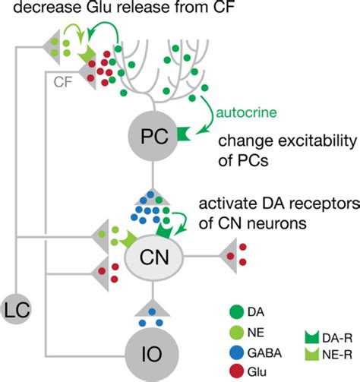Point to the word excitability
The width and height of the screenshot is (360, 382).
coord(295,142)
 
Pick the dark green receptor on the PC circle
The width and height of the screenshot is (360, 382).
coord(183,135)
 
